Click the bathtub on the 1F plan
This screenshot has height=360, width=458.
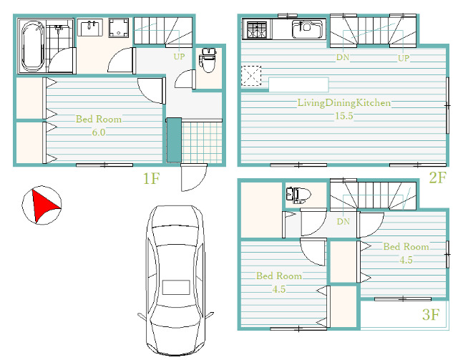click(33, 47)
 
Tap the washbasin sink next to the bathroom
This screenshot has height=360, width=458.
click(89, 27)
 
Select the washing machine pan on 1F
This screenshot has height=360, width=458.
click(118, 28)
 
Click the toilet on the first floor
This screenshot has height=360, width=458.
click(208, 60)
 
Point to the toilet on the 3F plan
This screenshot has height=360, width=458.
click(298, 195)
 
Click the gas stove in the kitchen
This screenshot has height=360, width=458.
click(256, 29)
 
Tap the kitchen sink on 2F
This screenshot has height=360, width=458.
click(307, 29)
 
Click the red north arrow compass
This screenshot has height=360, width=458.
click(42, 205)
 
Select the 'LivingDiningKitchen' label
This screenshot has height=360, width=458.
click(343, 103)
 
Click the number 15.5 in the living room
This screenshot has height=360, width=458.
click(343, 116)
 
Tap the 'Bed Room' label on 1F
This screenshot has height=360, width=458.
click(99, 119)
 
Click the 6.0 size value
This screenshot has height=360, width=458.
click(99, 132)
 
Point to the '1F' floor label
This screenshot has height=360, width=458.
click(151, 178)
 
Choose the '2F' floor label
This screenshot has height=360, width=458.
click(437, 177)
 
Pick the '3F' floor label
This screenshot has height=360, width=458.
click(431, 315)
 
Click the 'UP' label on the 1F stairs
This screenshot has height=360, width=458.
click(179, 57)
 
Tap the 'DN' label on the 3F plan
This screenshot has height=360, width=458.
click(343, 221)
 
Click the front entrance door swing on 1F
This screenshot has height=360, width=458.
click(193, 177)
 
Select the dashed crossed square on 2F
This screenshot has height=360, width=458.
click(251, 76)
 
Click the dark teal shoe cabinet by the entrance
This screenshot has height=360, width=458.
click(174, 140)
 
